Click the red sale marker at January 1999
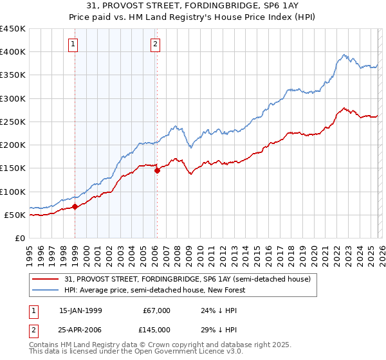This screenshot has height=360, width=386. click(75, 206)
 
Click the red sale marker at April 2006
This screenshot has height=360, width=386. click(157, 170)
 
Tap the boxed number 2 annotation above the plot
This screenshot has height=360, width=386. click(155, 44)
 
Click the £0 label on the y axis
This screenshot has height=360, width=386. click(19, 238)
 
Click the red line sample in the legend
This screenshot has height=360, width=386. click(46, 280)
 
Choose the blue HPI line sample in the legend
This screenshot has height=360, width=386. click(46, 290)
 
